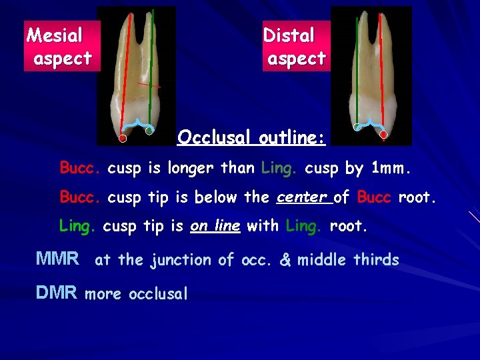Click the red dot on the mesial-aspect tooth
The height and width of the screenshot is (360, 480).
coord(123,139)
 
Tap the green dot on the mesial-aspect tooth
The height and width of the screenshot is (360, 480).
coord(149,131)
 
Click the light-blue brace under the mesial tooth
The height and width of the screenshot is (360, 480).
coord(137,124)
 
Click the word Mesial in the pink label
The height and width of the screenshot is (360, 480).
coord(55,35)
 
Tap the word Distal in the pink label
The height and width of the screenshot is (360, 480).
coord(288,35)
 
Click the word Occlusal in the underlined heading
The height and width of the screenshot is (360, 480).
coord(214,138)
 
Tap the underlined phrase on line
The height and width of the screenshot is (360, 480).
coord(215,226)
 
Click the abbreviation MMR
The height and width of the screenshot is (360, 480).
coord(57,258)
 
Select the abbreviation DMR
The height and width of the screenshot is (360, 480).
coord(57,292)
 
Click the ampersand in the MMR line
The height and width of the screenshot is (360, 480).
coord(285,260)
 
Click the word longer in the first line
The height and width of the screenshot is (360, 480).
coord(191,169)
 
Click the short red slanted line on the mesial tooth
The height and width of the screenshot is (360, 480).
coord(149,85)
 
